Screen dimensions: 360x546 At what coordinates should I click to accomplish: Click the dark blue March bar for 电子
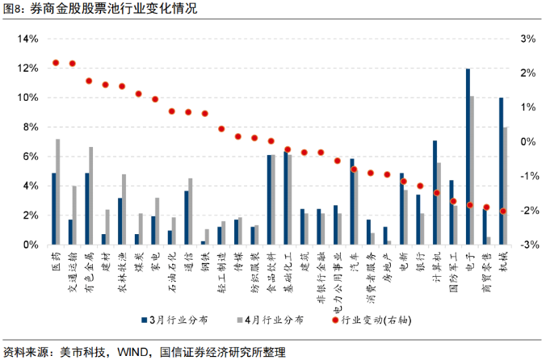[468, 157]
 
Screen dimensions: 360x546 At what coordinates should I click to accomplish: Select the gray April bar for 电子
[472, 170]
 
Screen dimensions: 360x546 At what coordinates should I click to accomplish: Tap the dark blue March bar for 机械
[502, 171]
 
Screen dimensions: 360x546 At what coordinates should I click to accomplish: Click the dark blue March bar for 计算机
[435, 193]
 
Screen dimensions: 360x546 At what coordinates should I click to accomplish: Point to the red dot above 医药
[56, 62]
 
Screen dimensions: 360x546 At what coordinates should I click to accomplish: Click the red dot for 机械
[503, 211]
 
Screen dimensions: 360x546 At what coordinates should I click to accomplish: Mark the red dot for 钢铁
[204, 114]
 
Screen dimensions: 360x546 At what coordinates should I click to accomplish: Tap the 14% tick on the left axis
[27, 39]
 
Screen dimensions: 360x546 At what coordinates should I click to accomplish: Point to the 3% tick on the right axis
[529, 39]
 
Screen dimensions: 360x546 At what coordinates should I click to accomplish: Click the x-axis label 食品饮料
[271, 270]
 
